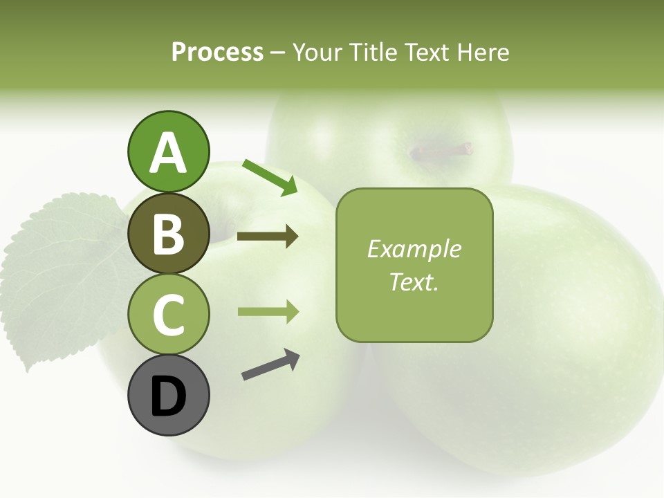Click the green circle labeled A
[168, 151]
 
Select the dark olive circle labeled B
[168, 233]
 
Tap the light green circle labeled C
[168, 314]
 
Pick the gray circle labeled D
[168, 395]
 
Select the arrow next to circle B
[268, 237]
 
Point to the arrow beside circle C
[268, 312]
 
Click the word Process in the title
[217, 52]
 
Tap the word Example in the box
[414, 249]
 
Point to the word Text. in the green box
[414, 282]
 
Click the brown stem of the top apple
[443, 150]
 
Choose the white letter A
[168, 153]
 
